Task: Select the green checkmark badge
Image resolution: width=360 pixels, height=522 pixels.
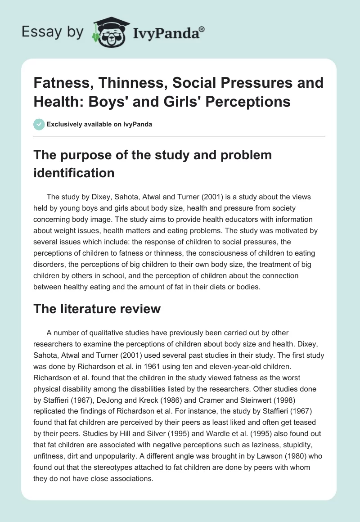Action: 39,124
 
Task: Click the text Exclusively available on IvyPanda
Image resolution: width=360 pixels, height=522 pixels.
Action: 99,124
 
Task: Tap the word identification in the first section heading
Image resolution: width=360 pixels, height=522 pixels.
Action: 73,173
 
